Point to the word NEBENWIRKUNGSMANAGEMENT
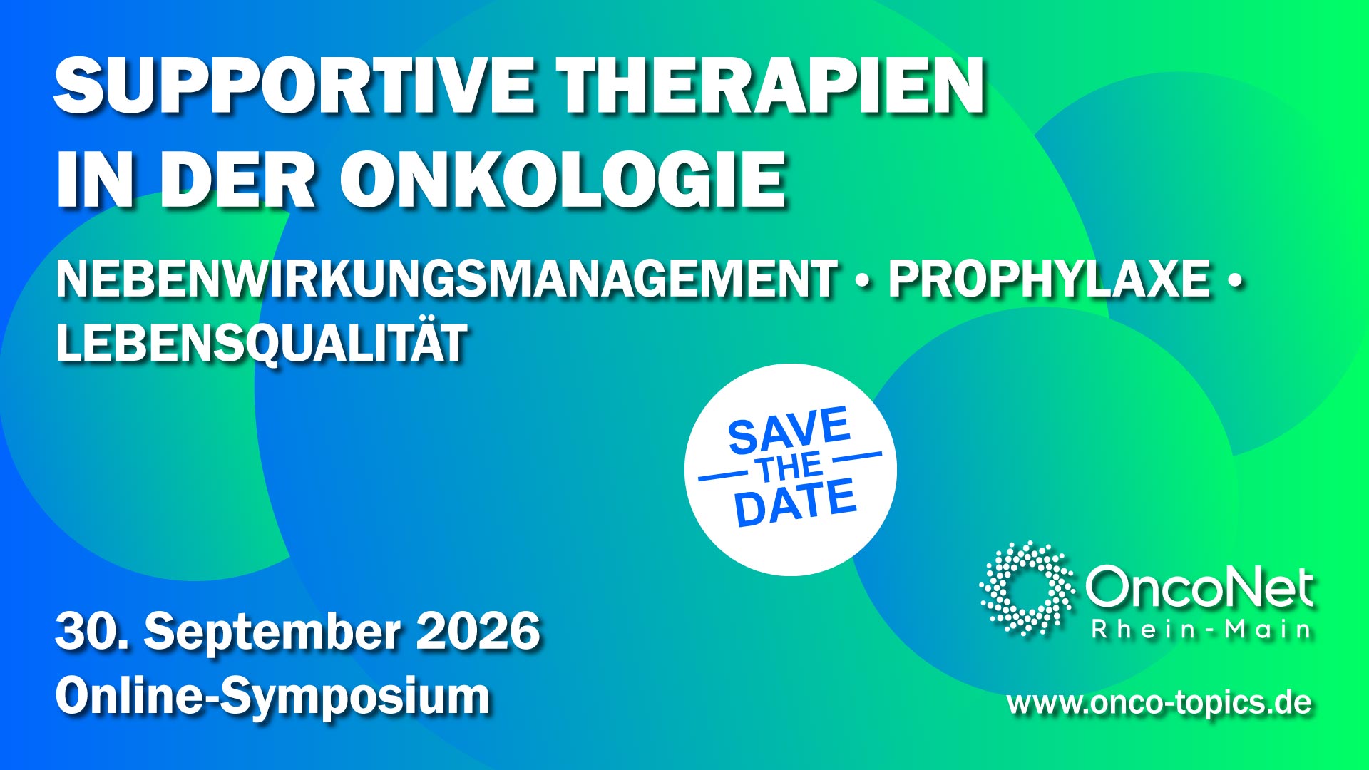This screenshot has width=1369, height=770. (446, 279)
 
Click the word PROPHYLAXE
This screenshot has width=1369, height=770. (1050, 279)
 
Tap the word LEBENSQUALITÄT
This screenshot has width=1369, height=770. (262, 342)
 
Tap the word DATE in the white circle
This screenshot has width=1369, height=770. (796, 503)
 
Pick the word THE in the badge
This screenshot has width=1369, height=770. (790, 468)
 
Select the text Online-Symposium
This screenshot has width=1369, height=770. (272, 697)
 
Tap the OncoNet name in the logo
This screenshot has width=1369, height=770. (1199, 588)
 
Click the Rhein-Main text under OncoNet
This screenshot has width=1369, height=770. (1201, 630)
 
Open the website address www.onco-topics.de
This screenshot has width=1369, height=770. (1159, 703)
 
